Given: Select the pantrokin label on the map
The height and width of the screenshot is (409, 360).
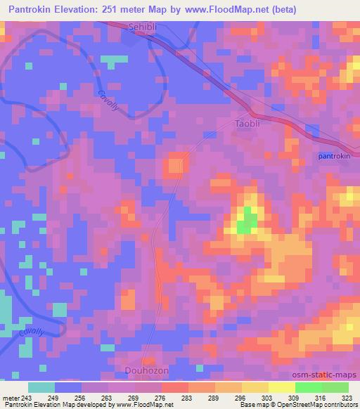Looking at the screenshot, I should pos(334,156).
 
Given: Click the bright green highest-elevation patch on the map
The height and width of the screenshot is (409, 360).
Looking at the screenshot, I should pos(247,222).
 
